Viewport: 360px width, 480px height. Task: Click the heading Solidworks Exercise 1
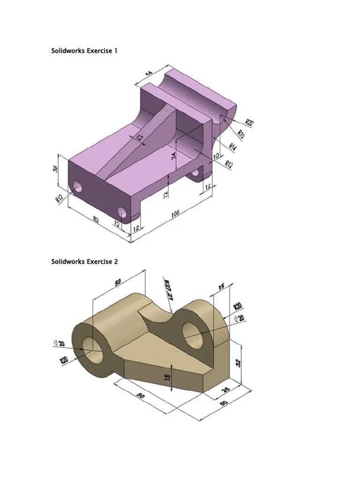click(84, 51)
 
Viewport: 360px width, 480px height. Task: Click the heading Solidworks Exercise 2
click(84, 262)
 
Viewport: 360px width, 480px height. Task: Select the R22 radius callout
click(249, 123)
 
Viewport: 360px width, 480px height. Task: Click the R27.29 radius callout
click(168, 291)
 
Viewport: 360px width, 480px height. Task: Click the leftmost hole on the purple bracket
click(78, 187)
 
